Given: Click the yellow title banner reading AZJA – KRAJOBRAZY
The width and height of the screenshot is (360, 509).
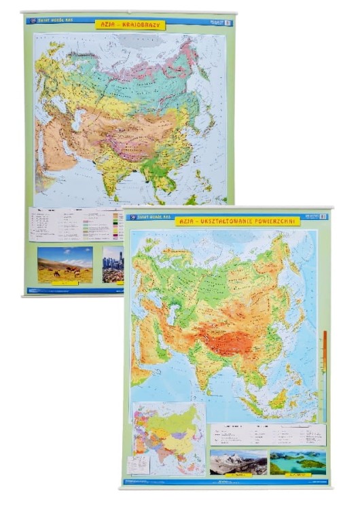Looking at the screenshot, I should (130, 24).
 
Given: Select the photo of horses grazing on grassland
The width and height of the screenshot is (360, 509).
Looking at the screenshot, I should (65, 264).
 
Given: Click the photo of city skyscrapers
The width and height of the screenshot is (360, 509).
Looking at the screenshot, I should (113, 264).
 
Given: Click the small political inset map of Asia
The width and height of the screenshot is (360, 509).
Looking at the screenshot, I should (168, 438).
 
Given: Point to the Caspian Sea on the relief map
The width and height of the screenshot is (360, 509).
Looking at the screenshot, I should (173, 314).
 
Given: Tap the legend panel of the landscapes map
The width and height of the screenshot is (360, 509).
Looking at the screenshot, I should (75, 224).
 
